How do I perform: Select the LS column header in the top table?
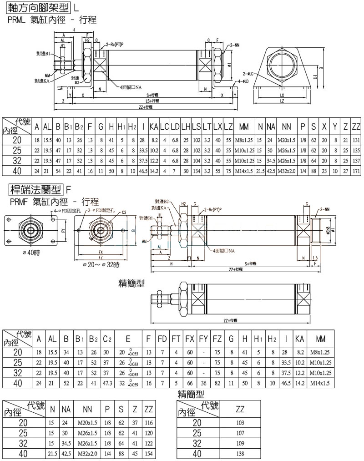click(197, 126)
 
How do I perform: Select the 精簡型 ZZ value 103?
click(240, 423)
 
